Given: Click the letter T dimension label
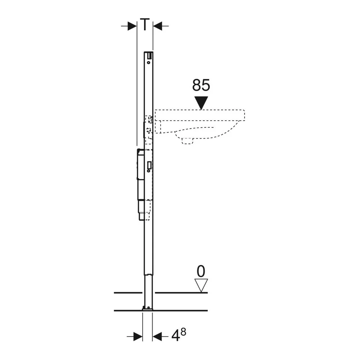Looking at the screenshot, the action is (145, 24).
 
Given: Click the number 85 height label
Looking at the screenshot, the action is (201, 85).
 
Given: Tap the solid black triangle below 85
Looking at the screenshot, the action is (201, 103).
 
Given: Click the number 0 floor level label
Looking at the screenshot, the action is (201, 271).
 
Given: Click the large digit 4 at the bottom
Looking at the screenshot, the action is (176, 337).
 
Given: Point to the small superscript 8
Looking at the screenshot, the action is (183, 332).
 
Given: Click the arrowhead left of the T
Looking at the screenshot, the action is (132, 26).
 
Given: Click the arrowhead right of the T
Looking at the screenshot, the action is (158, 26).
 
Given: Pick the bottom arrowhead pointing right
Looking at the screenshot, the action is (138, 337).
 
